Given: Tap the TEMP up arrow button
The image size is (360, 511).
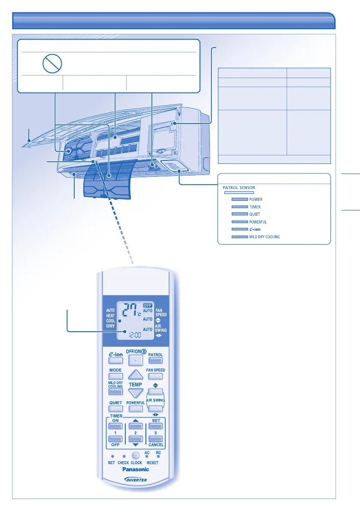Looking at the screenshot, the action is click(x=135, y=376).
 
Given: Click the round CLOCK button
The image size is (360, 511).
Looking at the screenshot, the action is click(x=136, y=456).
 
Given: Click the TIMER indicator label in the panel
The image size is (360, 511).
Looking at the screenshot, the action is click(x=255, y=207).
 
